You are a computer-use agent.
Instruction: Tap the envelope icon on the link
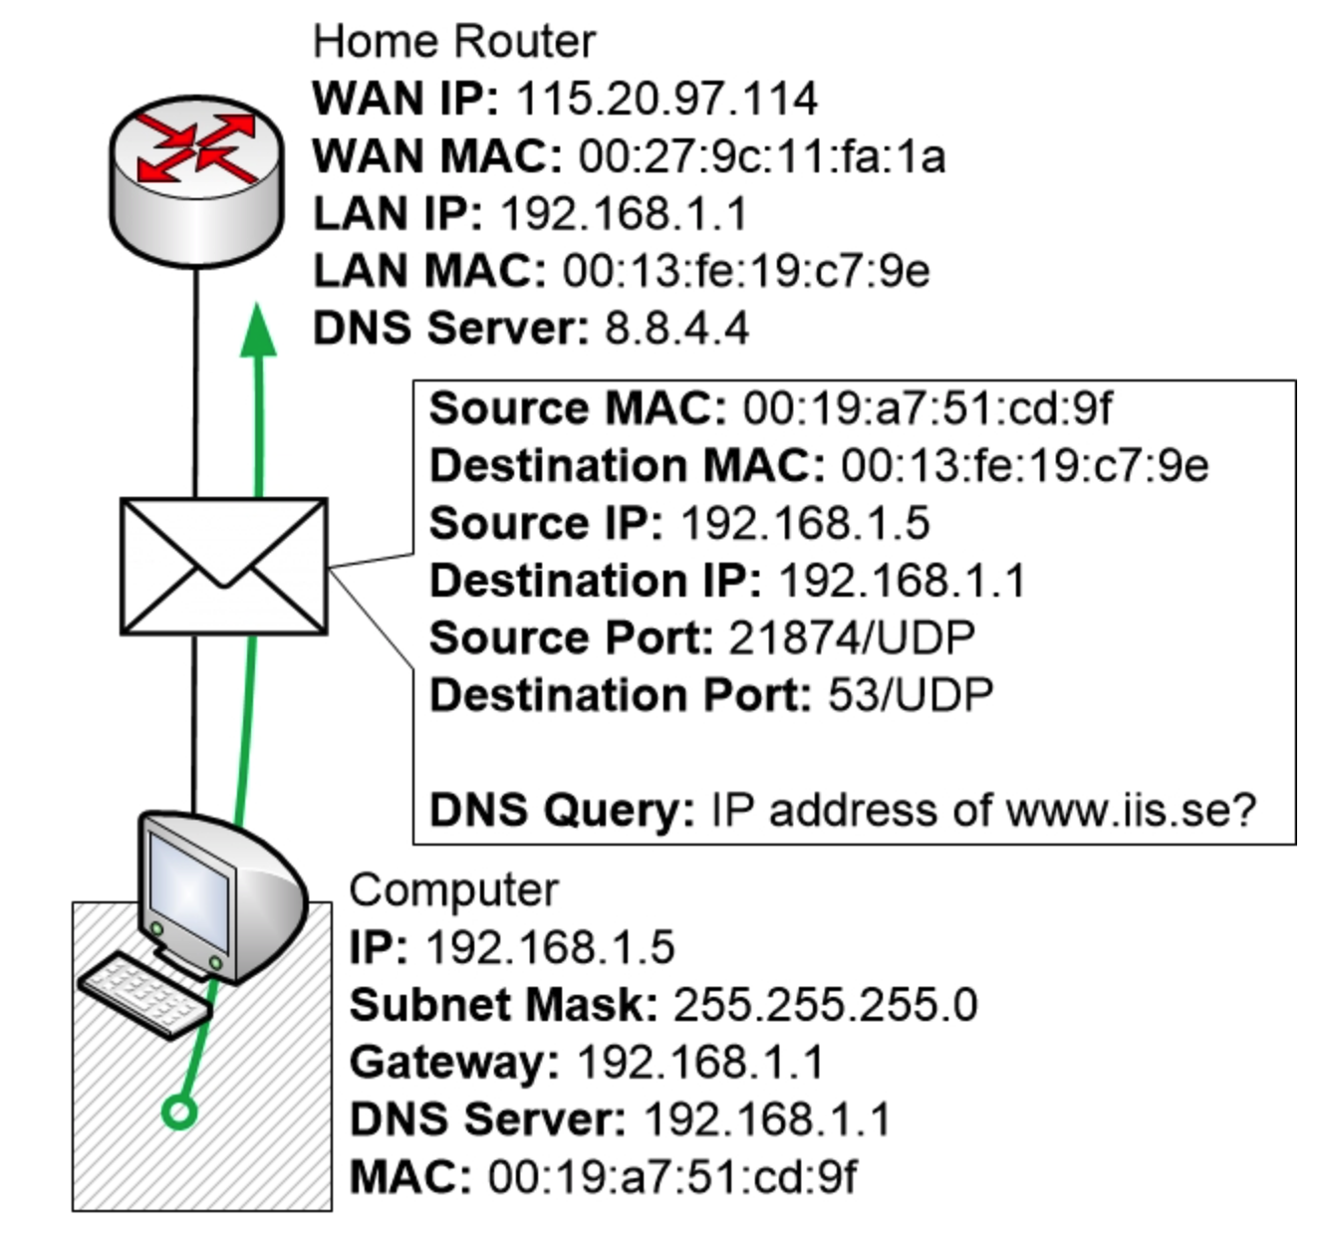(x=223, y=567)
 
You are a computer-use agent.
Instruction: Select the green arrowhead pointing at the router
(x=259, y=330)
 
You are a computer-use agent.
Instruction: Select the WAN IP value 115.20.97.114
(x=666, y=99)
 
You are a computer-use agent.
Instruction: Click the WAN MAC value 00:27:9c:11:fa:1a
(x=761, y=156)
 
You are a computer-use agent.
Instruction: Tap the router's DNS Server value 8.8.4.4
(x=676, y=329)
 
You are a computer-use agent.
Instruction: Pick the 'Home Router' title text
(x=453, y=42)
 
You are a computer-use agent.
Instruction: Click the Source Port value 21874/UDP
(x=851, y=638)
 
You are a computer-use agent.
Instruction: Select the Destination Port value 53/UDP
(x=910, y=695)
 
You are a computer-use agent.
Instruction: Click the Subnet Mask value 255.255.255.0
(x=825, y=1005)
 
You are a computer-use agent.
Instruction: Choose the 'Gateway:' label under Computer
(x=454, y=1063)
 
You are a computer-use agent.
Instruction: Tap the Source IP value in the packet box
(x=804, y=524)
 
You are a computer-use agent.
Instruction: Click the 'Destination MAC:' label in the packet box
(x=627, y=466)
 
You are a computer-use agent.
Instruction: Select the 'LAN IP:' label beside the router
(x=397, y=214)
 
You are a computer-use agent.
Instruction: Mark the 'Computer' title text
(x=453, y=890)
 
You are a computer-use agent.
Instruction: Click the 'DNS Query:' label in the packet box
(x=562, y=810)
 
